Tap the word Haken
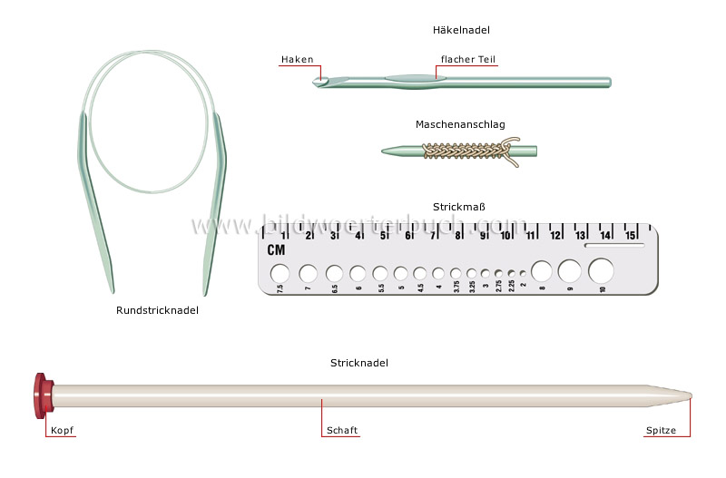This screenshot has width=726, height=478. tap(297, 60)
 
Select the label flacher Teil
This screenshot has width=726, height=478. tap(468, 60)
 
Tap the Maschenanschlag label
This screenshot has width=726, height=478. tap(460, 124)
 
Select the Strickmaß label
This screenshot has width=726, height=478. tap(460, 207)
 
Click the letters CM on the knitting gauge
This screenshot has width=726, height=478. tap(276, 250)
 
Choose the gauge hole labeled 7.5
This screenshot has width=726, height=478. tap(280, 272)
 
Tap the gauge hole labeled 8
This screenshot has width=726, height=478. tap(542, 270)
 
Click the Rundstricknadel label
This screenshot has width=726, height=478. tap(157, 310)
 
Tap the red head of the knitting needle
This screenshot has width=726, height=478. tap(41, 395)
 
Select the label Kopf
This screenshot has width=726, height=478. tap(63, 432)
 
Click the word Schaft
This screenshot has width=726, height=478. tap(340, 432)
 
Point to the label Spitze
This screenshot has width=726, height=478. tap(661, 432)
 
